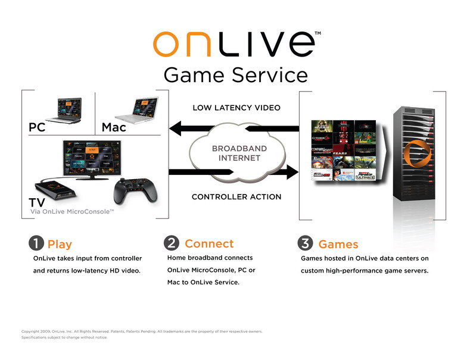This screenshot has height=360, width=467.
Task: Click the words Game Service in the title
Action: (235, 75)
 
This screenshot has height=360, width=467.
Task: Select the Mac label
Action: (114, 127)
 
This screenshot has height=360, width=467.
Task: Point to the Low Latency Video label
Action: (236, 108)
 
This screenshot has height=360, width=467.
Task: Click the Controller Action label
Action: (236, 197)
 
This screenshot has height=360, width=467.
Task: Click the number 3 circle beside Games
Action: (304, 243)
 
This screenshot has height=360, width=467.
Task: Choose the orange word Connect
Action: (209, 243)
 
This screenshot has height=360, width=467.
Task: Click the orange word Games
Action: (338, 244)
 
